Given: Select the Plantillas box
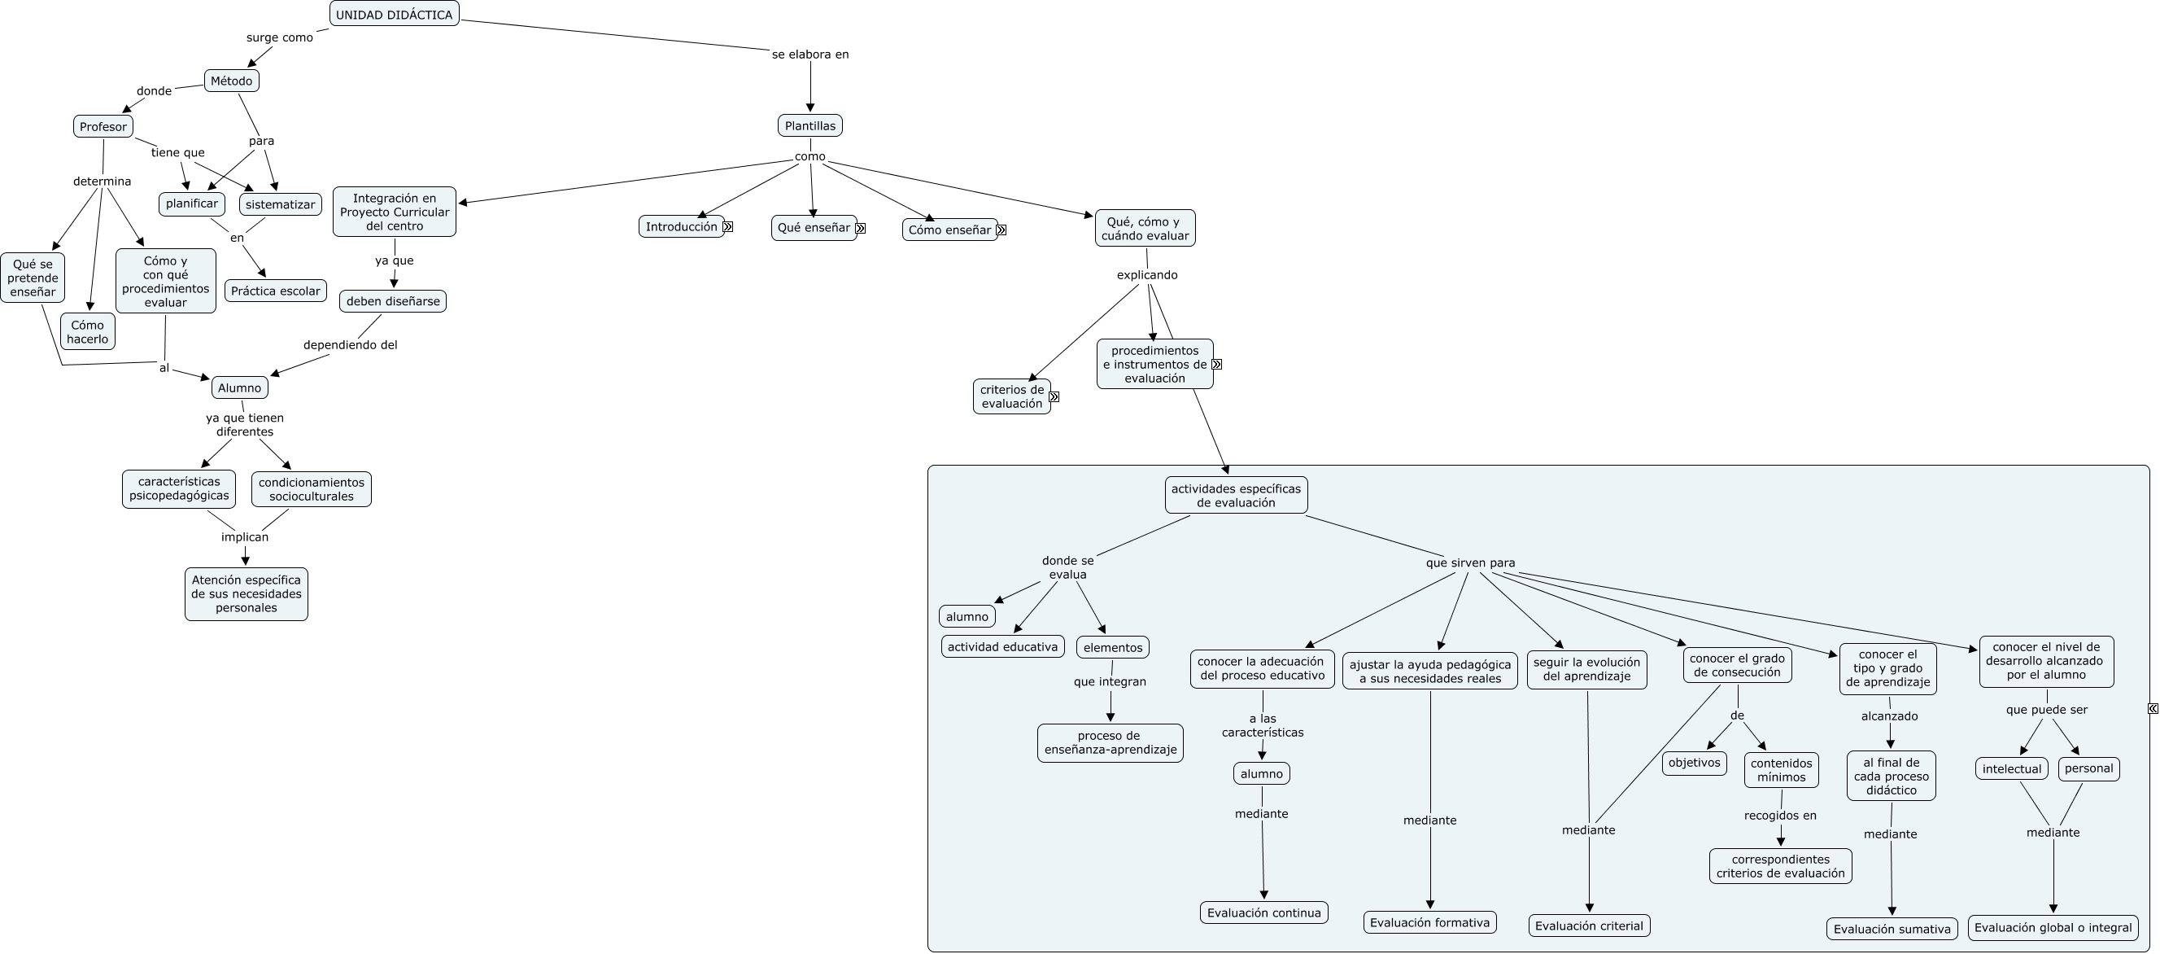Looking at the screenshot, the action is point(810,126).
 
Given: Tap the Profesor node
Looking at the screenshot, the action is point(103,127).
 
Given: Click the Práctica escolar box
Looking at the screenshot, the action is point(276,291).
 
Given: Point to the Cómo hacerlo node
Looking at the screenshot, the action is point(88,331).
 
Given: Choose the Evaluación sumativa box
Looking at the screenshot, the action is point(1892,929).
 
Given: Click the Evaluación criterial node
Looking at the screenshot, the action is point(1589,926).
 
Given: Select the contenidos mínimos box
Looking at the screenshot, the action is point(1781,769).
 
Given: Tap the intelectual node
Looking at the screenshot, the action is point(2012,768).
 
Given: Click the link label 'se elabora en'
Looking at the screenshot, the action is point(810,55).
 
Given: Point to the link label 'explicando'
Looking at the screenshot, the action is point(1147,275).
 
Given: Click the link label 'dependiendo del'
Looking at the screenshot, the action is point(351,345).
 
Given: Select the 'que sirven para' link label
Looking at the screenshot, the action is point(1470,563).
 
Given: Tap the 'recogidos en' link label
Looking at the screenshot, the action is point(1780,816).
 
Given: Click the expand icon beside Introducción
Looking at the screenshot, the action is point(728,226).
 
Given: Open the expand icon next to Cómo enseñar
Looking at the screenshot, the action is point(1001,230).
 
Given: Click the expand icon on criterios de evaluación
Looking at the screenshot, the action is point(1054,397).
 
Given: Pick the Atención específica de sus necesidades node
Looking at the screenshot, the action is point(247,594).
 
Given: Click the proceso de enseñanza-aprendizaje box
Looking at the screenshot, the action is point(1110,742).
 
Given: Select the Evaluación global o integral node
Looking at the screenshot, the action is point(2053,927).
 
